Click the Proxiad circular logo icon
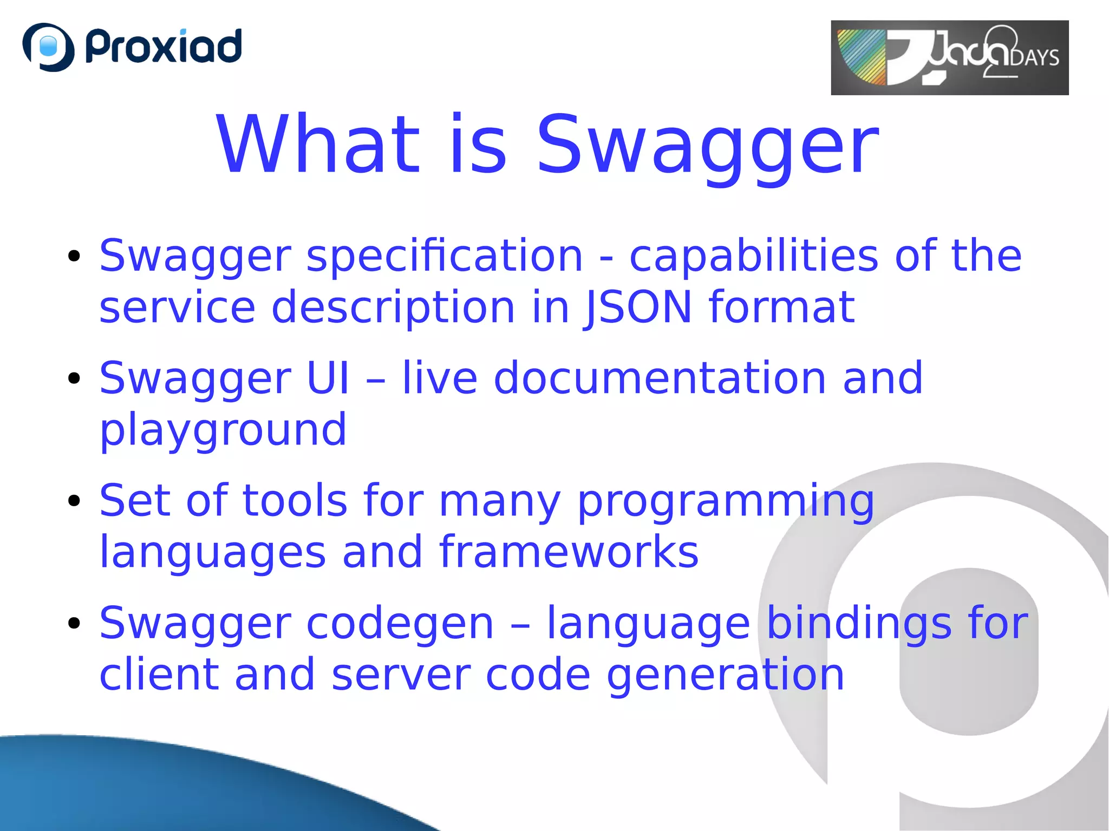[x=48, y=47]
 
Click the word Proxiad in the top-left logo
[x=164, y=47]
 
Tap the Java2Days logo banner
[x=949, y=57]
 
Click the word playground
[x=223, y=429]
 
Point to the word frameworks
[x=569, y=552]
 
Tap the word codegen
[x=400, y=624]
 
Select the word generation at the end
[x=726, y=675]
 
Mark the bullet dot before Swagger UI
[x=74, y=378]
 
